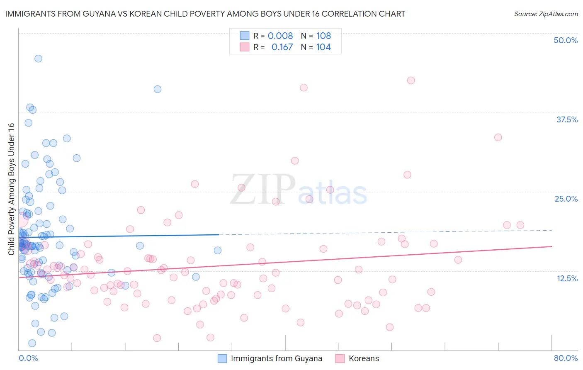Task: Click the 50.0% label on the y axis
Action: click(566, 40)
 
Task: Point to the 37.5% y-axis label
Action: click(567, 119)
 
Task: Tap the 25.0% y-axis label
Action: click(566, 199)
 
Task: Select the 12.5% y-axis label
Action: click(567, 278)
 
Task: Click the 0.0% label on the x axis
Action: click(28, 358)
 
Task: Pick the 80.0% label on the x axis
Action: click(566, 358)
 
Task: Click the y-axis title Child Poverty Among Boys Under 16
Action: click(12, 189)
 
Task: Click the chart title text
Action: click(205, 14)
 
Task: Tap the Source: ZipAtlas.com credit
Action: click(546, 14)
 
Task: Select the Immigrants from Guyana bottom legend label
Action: click(276, 358)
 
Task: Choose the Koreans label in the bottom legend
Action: click(364, 358)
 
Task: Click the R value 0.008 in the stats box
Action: click(280, 36)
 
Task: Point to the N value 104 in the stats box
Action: click(323, 47)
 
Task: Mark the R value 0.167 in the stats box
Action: click(282, 47)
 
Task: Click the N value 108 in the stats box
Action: click(323, 36)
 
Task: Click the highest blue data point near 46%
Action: click(38, 58)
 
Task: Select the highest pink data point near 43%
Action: click(411, 80)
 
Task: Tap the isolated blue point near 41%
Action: click(158, 89)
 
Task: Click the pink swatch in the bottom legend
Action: click(340, 358)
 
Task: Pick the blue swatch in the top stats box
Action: click(245, 36)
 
